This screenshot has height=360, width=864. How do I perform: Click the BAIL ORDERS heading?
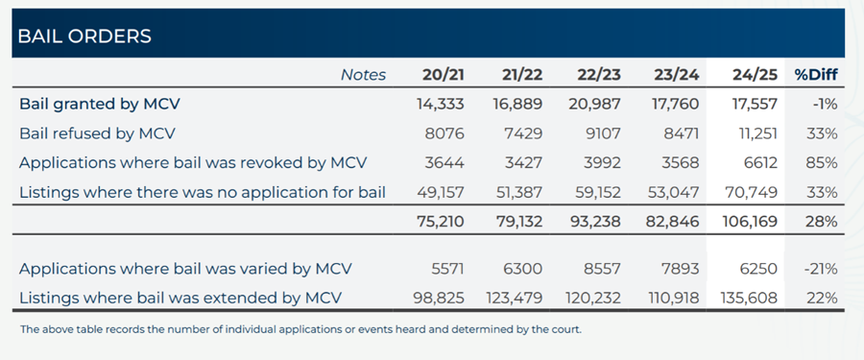84,36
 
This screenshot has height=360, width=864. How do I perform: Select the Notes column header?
363,75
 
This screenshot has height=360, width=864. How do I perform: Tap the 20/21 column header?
443,75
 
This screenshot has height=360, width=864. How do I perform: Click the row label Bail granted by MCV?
100,104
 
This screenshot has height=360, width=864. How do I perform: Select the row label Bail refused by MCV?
97,133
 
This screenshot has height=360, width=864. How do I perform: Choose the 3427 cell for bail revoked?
524,163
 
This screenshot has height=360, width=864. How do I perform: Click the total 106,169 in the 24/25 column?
745,221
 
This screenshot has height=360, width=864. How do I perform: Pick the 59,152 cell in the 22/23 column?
596,192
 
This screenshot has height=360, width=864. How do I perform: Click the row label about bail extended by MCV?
180,299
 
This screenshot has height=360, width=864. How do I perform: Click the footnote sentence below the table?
300,329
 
